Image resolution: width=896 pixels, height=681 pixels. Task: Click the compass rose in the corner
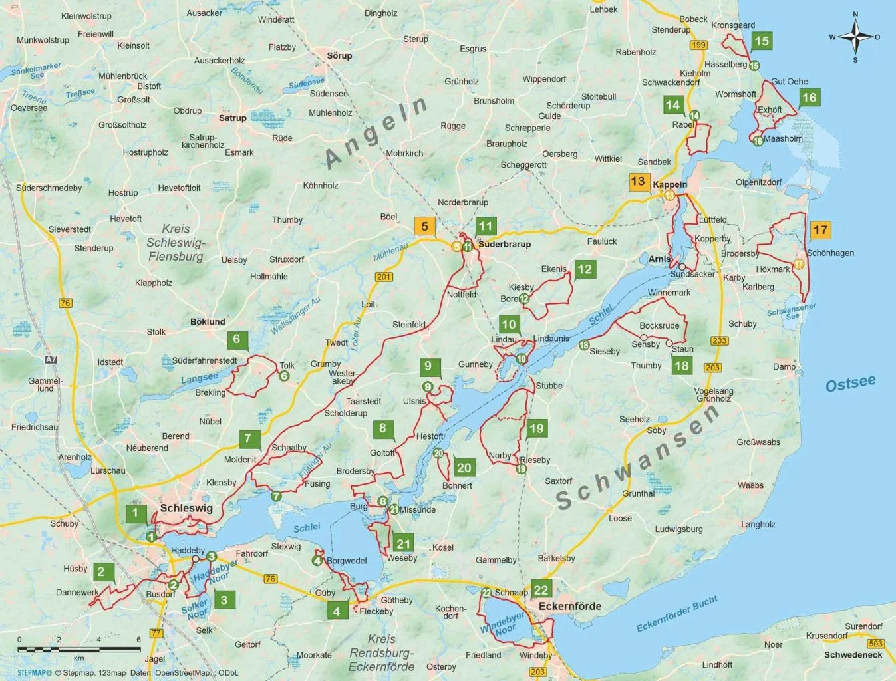855,36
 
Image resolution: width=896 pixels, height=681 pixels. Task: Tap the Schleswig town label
186,508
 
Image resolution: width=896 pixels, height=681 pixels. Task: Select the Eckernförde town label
570,606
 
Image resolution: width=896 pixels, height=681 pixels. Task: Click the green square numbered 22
541,589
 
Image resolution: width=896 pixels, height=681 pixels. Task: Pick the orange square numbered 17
820,230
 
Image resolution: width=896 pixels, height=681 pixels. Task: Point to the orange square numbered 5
425,226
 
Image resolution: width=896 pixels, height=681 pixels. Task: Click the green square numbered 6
237,339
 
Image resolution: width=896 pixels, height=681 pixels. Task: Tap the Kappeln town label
670,184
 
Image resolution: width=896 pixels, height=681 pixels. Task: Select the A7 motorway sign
51,360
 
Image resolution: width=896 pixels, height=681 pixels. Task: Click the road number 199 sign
698,45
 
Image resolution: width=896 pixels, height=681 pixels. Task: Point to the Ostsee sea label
850,384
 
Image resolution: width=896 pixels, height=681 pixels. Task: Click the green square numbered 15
762,41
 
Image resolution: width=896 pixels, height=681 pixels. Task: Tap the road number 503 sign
875,643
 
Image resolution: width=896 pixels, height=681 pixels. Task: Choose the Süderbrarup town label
504,244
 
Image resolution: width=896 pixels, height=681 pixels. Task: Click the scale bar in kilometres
78,648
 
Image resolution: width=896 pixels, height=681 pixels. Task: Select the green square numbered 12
585,269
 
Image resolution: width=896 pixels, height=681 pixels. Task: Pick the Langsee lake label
200,378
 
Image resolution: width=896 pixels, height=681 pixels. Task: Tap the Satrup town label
233,118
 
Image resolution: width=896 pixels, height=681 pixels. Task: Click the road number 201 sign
384,277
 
